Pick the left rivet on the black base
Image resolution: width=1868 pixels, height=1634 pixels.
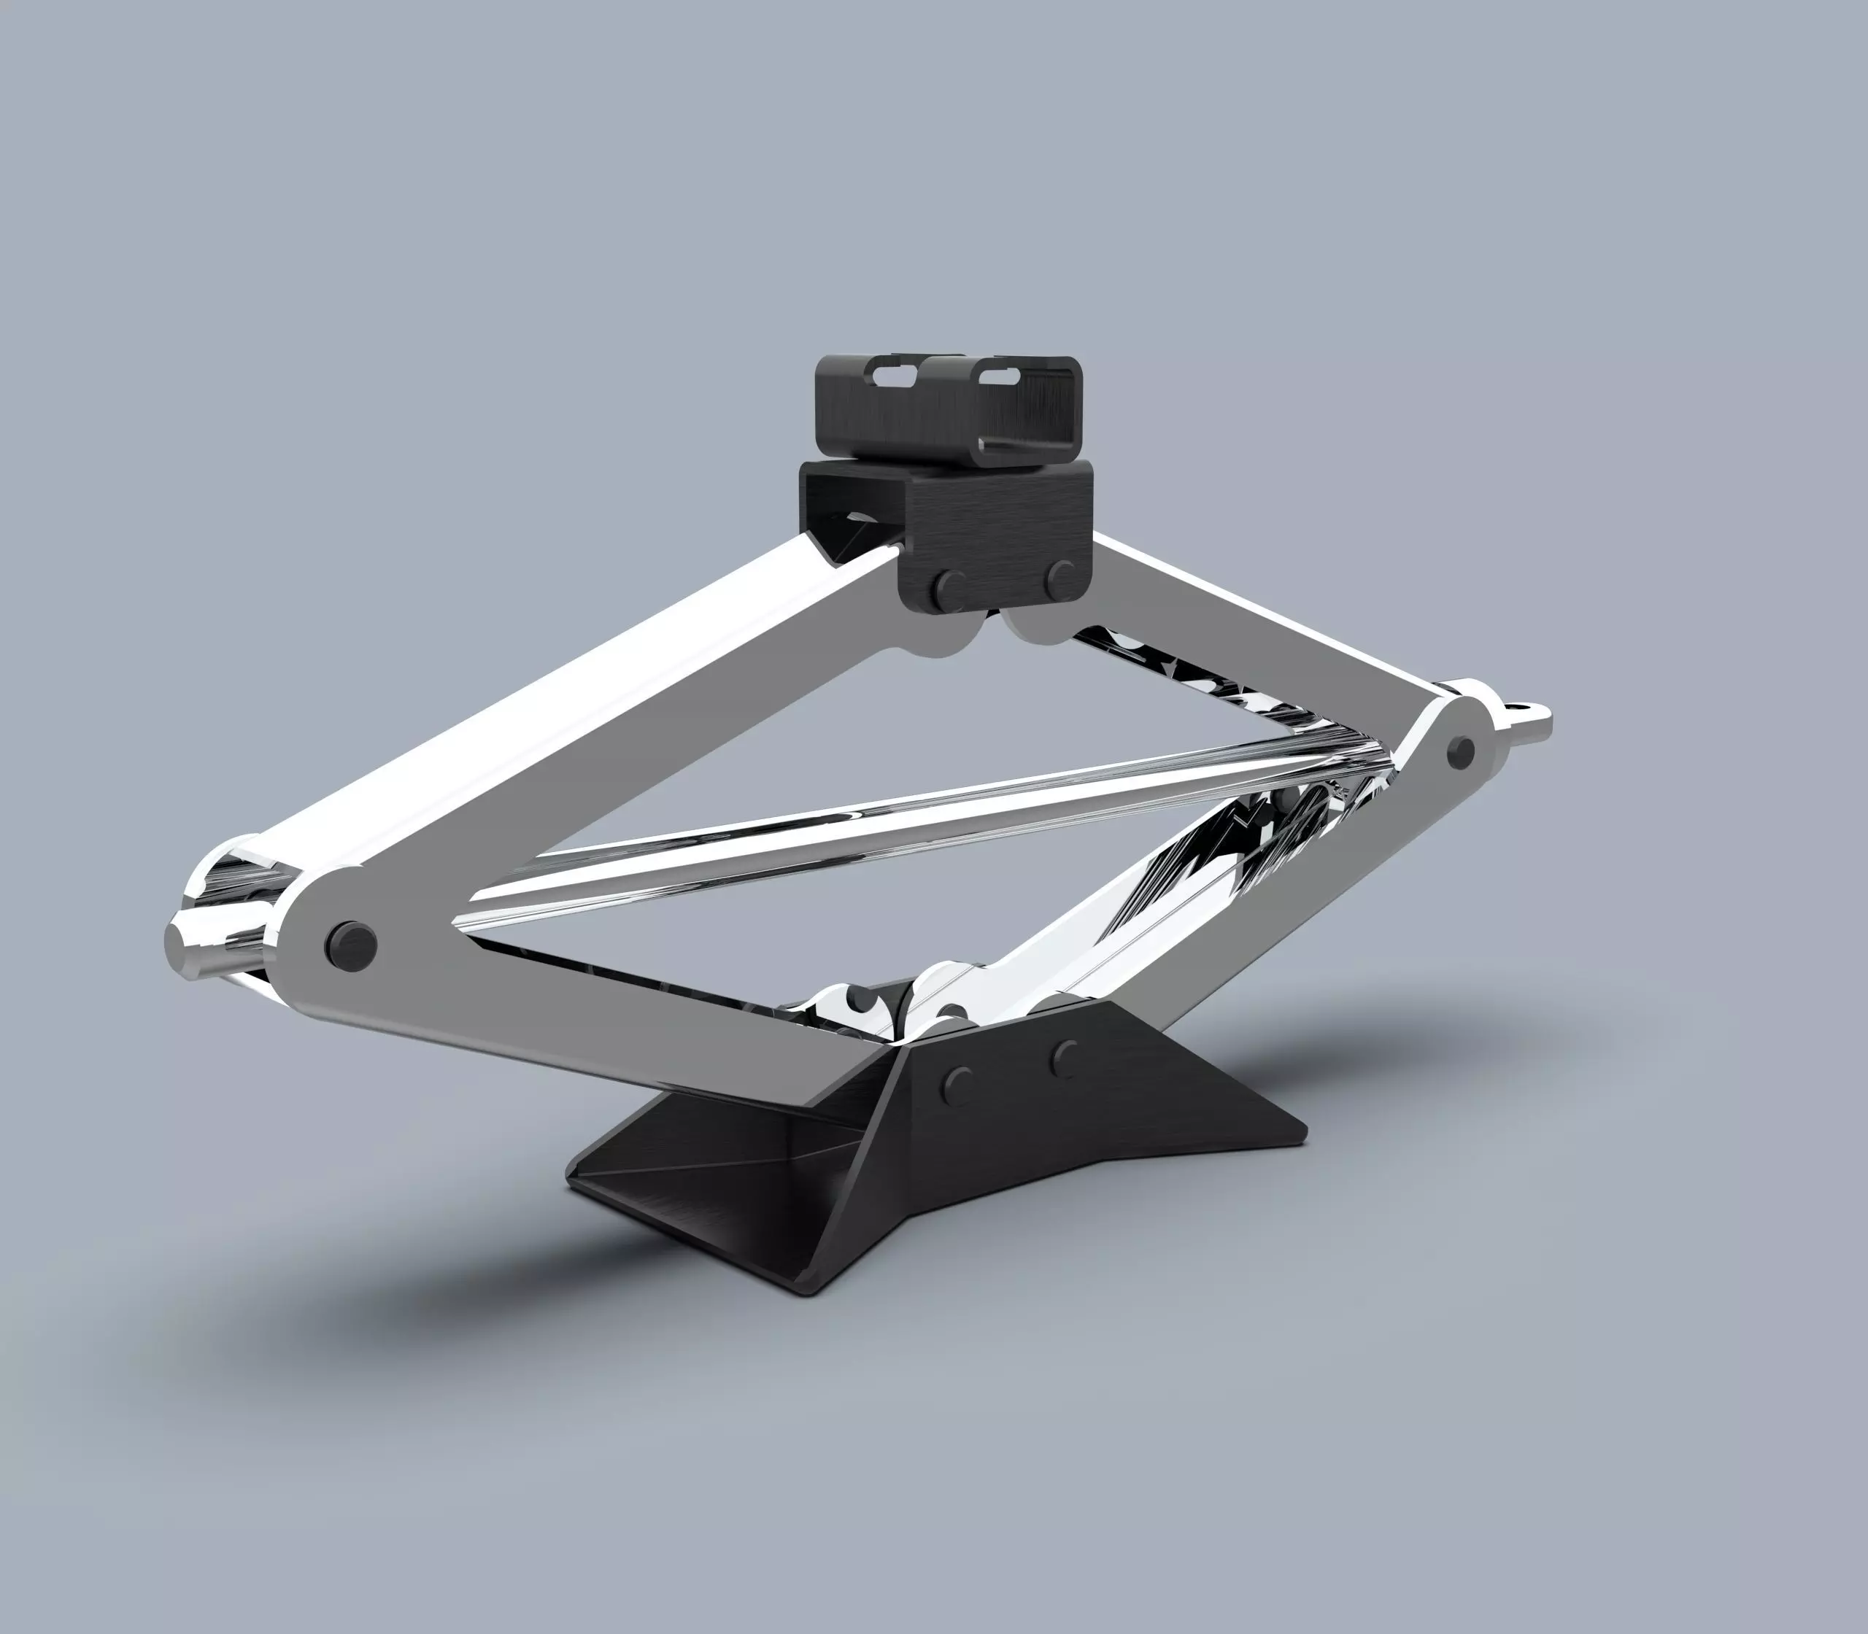(956, 1083)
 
